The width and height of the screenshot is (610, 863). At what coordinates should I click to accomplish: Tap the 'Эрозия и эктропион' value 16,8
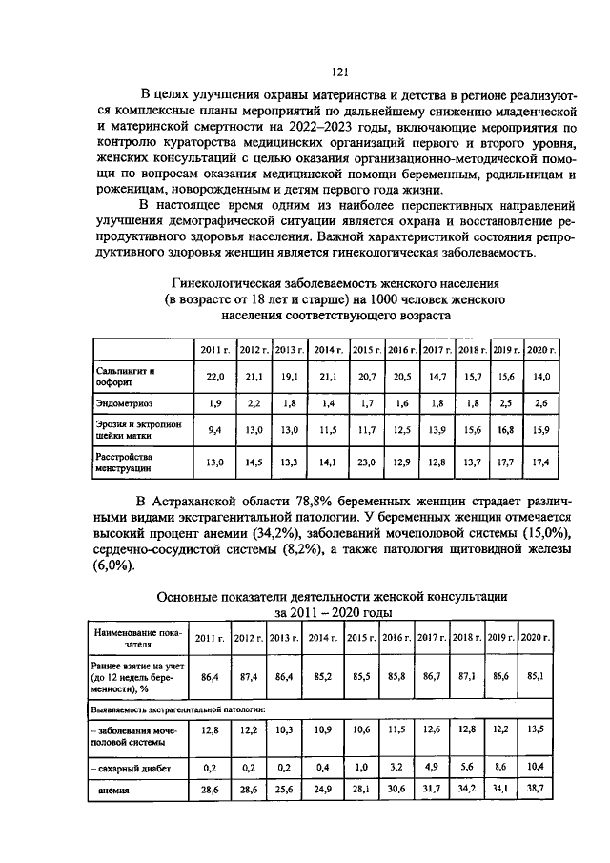pos(504,430)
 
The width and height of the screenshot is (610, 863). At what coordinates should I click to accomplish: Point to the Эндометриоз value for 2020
pos(540,403)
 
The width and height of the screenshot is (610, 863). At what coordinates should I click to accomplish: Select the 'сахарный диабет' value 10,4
pos(536,767)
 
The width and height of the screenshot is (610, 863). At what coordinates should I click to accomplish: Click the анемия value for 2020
pos(536,791)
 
